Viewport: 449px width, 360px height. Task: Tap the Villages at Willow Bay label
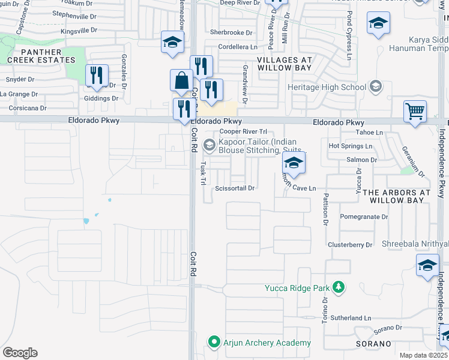pos(285,64)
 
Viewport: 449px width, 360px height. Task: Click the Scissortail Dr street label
pos(235,188)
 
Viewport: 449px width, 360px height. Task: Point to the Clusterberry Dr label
pos(351,245)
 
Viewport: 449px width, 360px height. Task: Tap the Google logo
pos(20,353)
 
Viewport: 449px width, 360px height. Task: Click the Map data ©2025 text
pos(424,355)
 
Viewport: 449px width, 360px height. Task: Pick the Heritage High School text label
pos(327,88)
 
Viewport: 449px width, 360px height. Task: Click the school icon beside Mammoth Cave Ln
pos(294,163)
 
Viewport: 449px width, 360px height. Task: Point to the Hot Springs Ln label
pos(351,146)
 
